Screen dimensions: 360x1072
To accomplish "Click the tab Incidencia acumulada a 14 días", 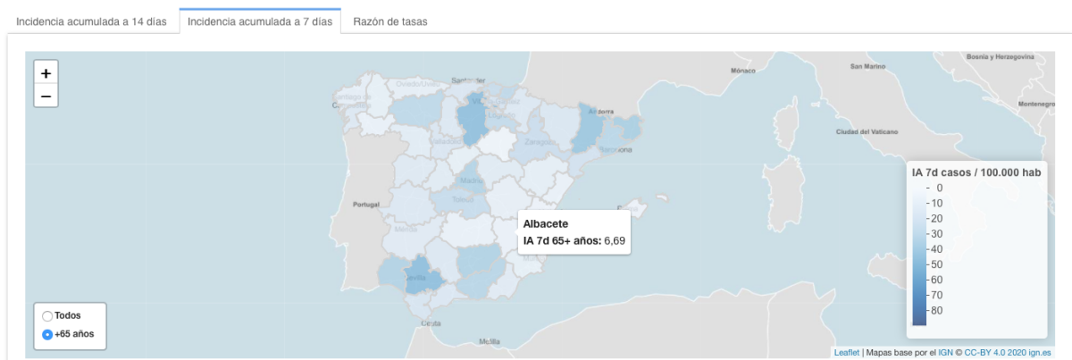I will click(92, 21).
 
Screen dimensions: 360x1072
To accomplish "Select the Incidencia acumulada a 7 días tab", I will click(260, 21).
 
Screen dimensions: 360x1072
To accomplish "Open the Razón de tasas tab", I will click(389, 21).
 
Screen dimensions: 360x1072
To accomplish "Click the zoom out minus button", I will click(46, 96).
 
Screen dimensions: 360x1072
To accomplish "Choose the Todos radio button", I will click(47, 315).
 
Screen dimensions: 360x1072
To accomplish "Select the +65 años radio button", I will click(47, 334).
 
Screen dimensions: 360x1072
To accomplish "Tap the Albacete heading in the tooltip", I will click(546, 223).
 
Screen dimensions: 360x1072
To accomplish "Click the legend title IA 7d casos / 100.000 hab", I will click(976, 172).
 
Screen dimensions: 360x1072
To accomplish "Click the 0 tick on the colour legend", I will click(939, 188).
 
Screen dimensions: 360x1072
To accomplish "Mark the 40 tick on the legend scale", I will click(936, 248).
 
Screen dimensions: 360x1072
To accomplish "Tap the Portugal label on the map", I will click(367, 204).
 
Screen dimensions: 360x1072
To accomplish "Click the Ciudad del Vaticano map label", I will click(865, 131).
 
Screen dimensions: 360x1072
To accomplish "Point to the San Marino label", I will click(867, 66).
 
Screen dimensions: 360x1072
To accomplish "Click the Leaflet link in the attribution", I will click(846, 352).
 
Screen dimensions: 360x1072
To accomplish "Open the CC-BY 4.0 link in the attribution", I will click(983, 352).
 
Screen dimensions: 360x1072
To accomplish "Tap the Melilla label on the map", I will click(490, 341).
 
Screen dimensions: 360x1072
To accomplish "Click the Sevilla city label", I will click(417, 278).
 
